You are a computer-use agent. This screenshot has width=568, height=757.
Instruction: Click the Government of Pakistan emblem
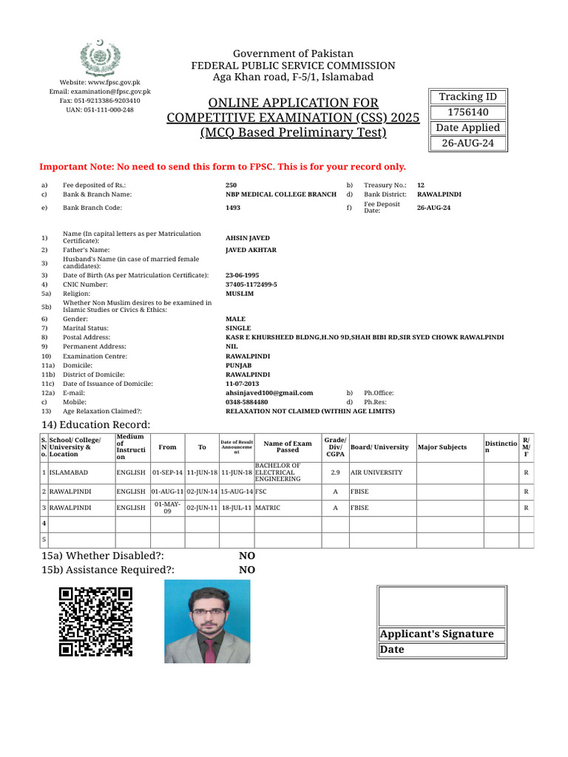(100, 58)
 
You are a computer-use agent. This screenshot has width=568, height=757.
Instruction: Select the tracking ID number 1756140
(468, 112)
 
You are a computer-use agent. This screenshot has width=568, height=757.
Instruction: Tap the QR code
(95, 621)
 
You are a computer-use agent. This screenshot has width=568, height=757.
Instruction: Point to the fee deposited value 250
(231, 185)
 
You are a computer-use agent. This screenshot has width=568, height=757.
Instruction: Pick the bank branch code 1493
(233, 208)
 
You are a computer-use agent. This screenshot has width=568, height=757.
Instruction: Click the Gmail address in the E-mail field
(268, 393)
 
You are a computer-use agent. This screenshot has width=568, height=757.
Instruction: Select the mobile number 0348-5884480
(246, 402)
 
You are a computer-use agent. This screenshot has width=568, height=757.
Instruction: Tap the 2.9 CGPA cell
(335, 472)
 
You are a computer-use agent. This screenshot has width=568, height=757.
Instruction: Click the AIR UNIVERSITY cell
(376, 472)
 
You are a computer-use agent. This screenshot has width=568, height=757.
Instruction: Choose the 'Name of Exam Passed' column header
(288, 447)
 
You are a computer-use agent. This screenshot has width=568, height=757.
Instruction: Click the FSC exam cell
(261, 491)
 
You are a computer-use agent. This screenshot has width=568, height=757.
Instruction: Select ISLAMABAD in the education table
(69, 472)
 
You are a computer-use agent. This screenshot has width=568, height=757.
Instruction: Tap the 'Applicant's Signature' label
(436, 634)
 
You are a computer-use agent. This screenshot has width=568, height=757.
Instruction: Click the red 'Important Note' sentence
(222, 167)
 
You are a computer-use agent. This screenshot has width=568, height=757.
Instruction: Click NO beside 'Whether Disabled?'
(246, 556)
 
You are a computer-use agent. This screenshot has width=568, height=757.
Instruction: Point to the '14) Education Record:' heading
(95, 424)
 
